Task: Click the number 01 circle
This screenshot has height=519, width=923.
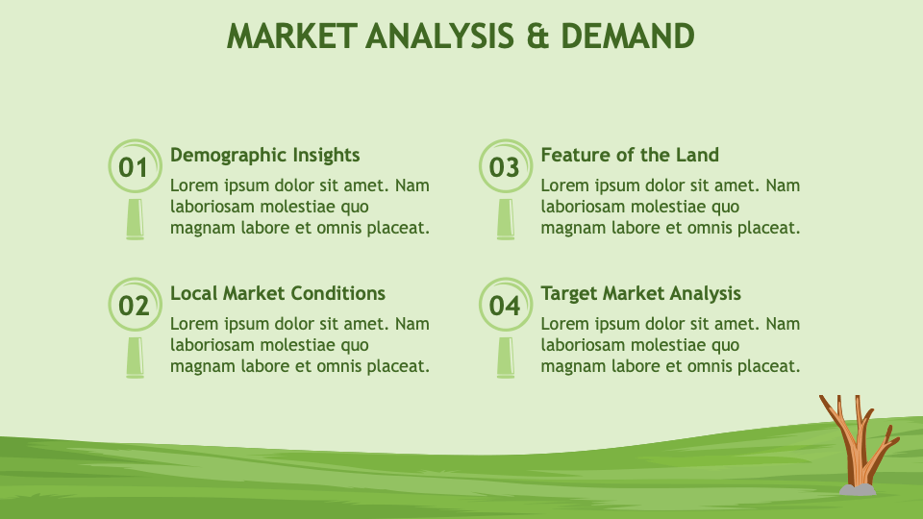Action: tap(134, 167)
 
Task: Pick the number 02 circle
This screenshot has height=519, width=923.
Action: tap(134, 306)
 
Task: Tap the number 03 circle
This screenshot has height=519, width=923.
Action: tap(504, 167)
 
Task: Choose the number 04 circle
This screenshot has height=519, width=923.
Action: tap(504, 306)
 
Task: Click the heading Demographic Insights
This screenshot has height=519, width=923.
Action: tap(264, 155)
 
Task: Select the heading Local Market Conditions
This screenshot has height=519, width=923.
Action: tap(277, 293)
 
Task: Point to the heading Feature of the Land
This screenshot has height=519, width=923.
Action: tap(630, 155)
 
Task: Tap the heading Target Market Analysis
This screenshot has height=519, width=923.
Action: tap(640, 293)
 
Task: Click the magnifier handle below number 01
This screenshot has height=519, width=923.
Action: tap(135, 218)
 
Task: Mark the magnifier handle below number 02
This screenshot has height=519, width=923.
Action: tap(135, 357)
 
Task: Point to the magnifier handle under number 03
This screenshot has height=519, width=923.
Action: tap(505, 218)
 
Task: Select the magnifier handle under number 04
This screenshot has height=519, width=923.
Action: tap(505, 357)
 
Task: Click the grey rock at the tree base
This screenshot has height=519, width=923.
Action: tap(858, 489)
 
